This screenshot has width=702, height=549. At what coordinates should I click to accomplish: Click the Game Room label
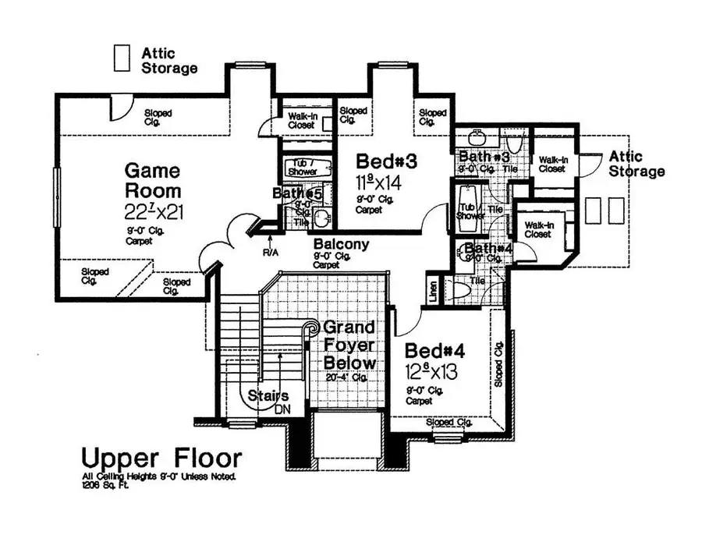click(x=153, y=180)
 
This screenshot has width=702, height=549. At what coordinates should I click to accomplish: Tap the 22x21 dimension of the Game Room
click(x=154, y=211)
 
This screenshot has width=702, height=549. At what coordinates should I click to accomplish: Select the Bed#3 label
click(x=388, y=161)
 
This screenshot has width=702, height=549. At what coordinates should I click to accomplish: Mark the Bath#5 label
click(x=297, y=193)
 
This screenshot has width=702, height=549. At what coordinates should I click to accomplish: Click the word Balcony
click(x=341, y=244)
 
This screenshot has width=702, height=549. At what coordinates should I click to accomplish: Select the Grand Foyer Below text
click(x=349, y=345)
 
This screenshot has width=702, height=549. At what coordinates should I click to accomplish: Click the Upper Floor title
click(x=161, y=457)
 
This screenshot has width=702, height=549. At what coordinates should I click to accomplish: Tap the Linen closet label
click(x=434, y=290)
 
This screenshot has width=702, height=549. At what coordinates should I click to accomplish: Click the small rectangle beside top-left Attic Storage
click(x=122, y=58)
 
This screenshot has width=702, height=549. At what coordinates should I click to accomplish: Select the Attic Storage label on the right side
click(x=636, y=163)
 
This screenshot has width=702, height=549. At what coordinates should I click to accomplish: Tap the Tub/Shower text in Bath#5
click(x=302, y=168)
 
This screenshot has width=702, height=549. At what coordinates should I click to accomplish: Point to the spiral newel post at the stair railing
click(x=312, y=327)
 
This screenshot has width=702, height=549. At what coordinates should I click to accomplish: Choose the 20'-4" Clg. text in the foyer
click(x=347, y=377)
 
